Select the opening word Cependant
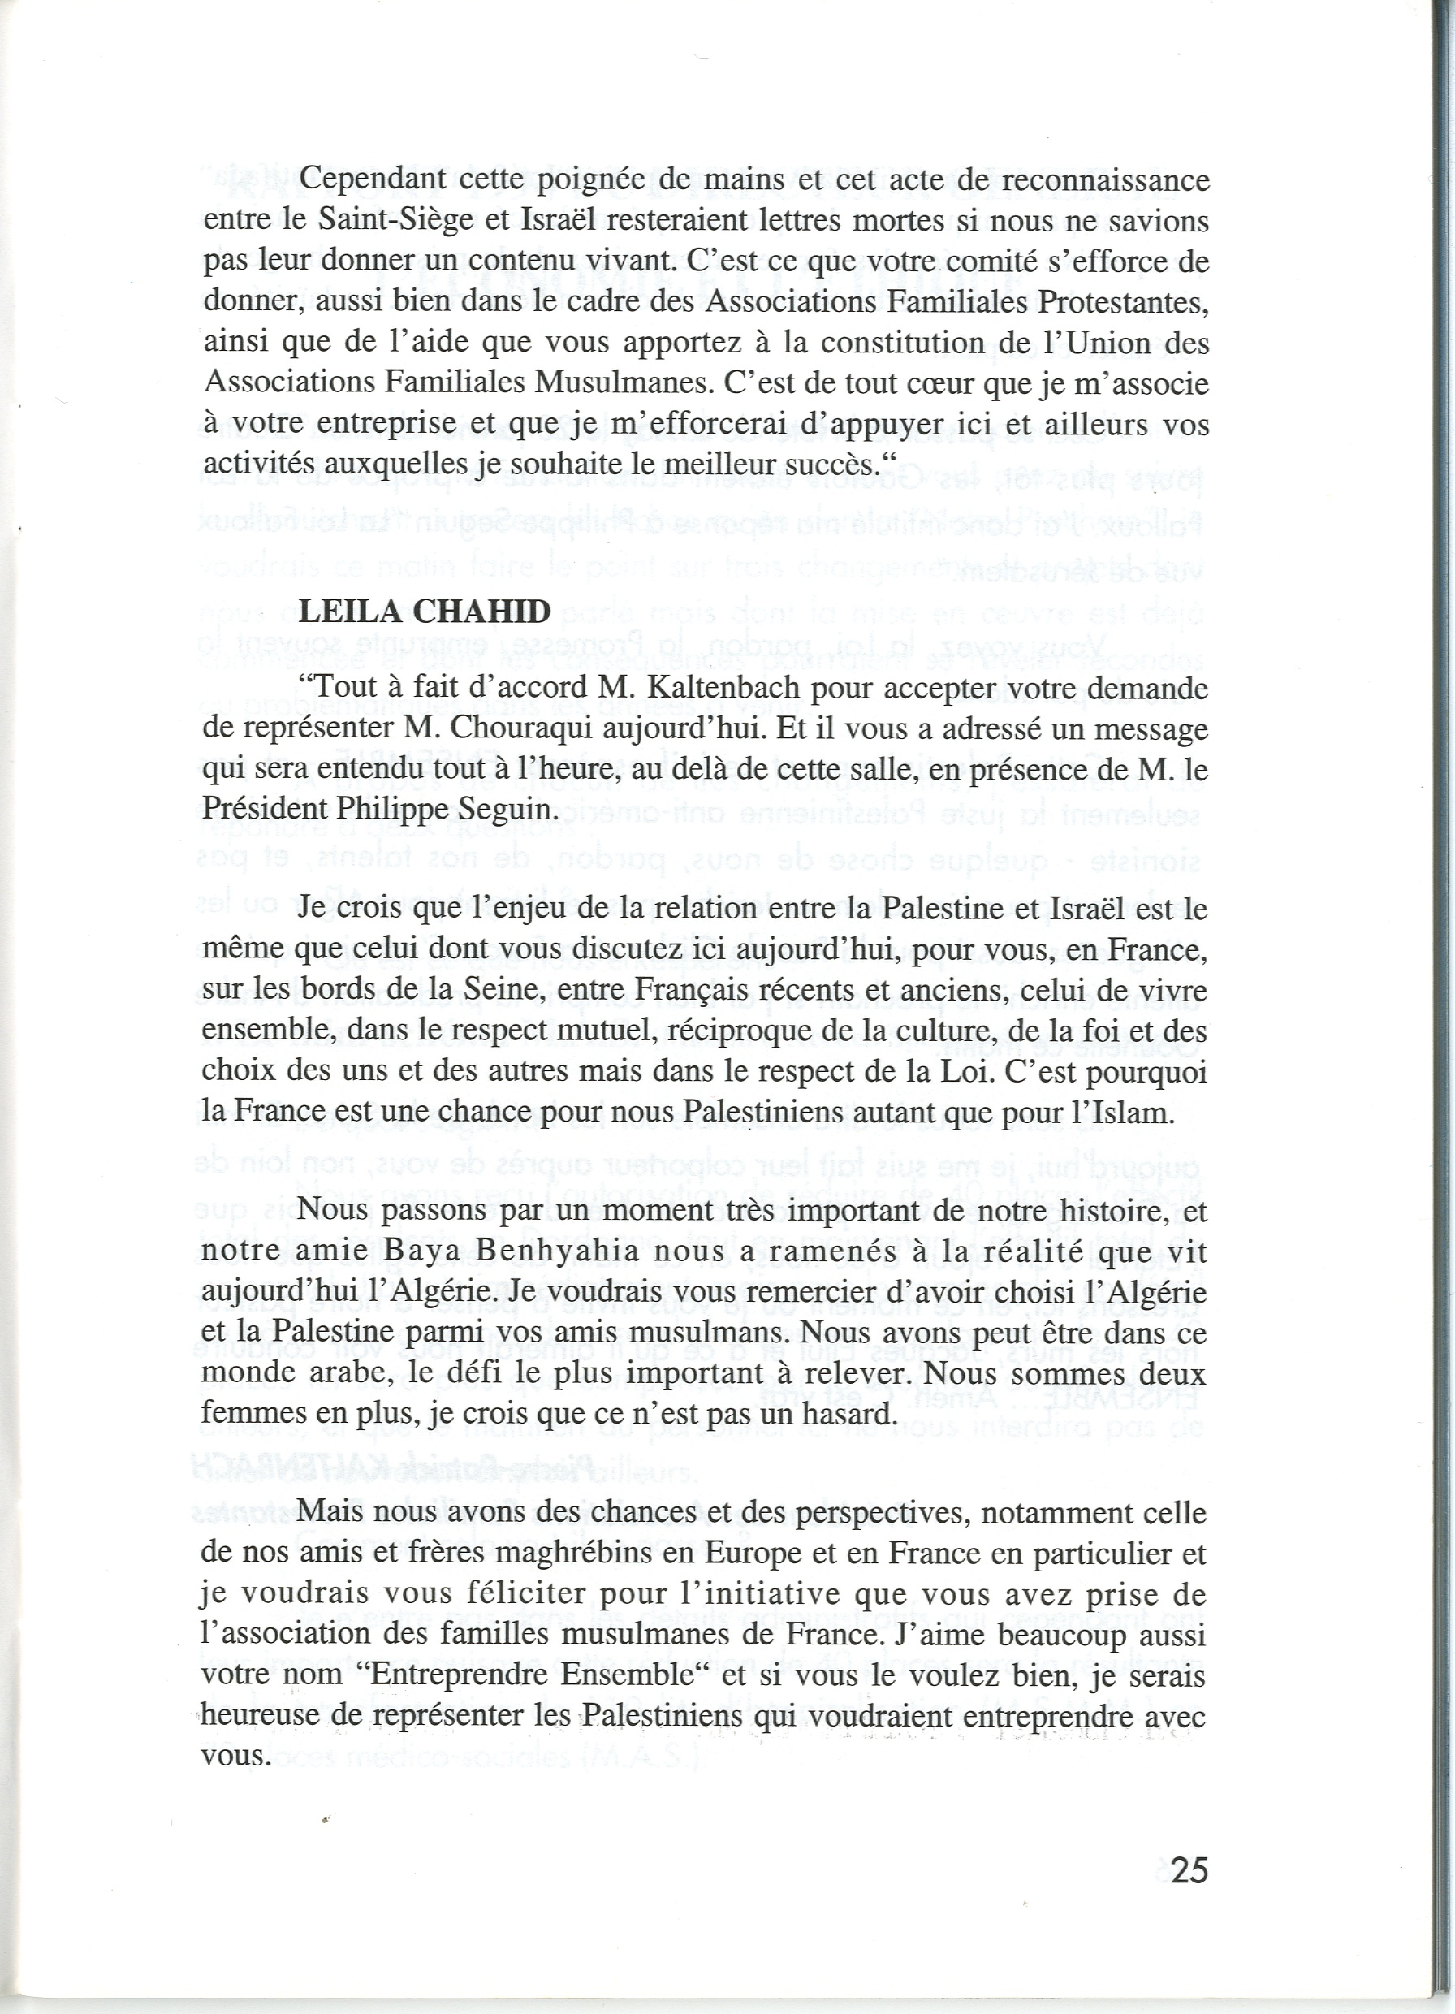coord(373,180)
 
